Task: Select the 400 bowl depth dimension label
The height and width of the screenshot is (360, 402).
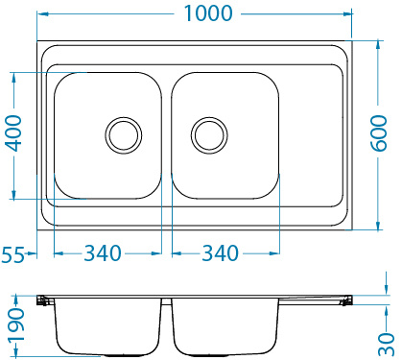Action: coord(12,135)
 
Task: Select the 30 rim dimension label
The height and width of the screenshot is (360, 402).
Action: coord(387,341)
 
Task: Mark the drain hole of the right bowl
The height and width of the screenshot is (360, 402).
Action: coord(208,134)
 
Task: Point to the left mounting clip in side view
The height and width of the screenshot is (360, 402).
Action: coord(43,301)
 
